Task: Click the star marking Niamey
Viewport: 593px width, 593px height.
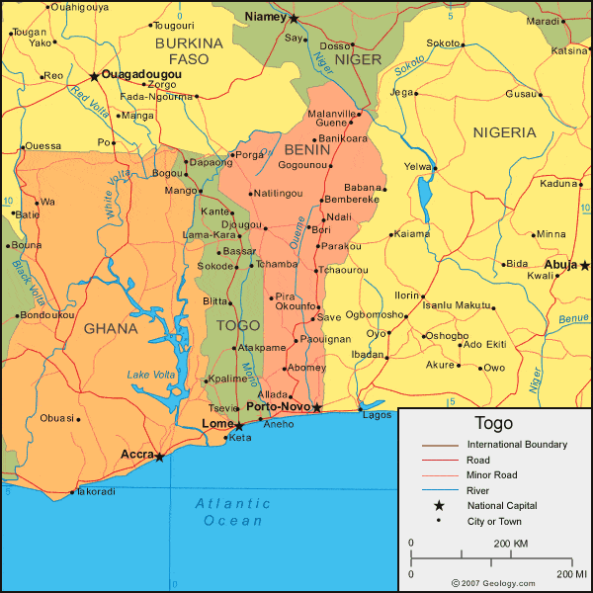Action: coord(294,18)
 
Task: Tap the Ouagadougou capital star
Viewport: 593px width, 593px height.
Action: coord(94,76)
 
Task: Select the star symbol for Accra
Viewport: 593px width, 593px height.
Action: coord(159,457)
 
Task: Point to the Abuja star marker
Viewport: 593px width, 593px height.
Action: coord(584,265)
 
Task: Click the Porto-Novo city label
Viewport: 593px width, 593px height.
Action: coord(277,406)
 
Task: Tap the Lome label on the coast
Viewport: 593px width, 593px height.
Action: coord(216,423)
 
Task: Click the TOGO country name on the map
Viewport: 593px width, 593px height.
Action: coord(237,324)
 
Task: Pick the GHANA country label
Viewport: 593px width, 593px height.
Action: coord(111,328)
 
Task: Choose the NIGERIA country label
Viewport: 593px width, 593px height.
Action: coord(504,132)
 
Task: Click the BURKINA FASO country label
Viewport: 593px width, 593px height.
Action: coord(189,51)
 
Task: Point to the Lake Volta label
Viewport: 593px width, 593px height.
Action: coord(151,375)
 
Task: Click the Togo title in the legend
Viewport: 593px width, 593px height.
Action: coord(493,423)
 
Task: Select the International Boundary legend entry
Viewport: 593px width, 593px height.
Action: coord(517,445)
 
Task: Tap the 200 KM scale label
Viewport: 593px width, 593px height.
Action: coord(510,544)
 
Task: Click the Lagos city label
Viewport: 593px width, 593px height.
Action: coord(378,415)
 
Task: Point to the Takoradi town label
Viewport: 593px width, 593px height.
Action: coord(96,491)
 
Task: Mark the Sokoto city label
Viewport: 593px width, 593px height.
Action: coord(443,43)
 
